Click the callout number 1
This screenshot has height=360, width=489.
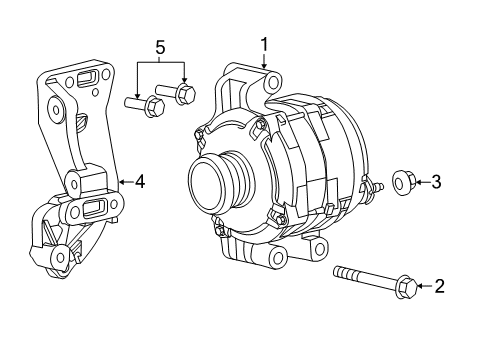tap(265, 44)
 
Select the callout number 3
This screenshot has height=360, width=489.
tap(437, 181)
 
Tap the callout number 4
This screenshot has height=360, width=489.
tap(141, 182)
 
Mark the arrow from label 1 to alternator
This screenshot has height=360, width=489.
tap(265, 60)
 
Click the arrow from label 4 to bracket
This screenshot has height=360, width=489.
tap(125, 182)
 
